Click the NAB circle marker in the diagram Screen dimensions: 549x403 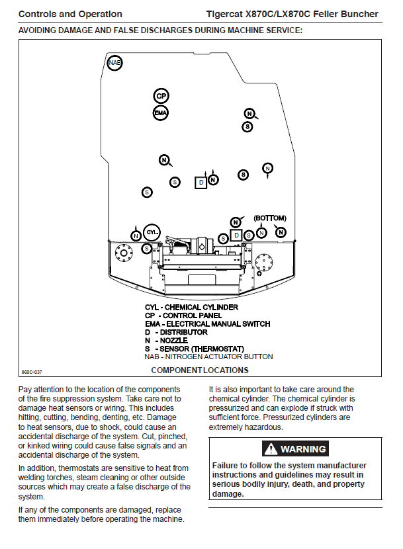tap(115, 62)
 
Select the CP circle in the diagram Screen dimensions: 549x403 tap(161, 96)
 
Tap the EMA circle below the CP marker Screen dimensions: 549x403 tap(161, 113)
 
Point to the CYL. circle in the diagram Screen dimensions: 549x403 tap(152, 232)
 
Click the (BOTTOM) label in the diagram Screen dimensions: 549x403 tap(270, 218)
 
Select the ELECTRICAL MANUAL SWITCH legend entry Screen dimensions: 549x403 tap(207, 323)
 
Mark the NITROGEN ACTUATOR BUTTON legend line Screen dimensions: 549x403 tap(208, 357)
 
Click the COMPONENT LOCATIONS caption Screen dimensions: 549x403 tap(199, 370)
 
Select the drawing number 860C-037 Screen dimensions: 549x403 tap(31, 372)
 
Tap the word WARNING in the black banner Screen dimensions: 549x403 tap(303, 449)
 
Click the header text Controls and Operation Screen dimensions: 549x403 tap(70, 14)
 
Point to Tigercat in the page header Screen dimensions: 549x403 tap(226, 14)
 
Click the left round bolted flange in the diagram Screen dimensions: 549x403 tap(122, 252)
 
